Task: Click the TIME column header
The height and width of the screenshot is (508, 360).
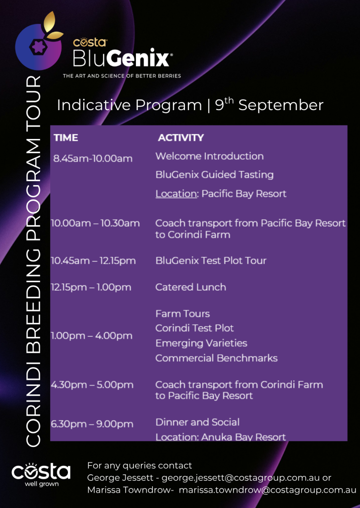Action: point(66,138)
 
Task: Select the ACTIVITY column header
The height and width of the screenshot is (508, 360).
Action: point(180,138)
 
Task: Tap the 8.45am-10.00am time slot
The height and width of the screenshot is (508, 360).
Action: point(93,159)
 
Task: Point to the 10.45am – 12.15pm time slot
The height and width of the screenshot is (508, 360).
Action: point(93,261)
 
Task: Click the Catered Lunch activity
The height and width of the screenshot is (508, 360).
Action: point(191,287)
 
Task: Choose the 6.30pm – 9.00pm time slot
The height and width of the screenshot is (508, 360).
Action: point(92,424)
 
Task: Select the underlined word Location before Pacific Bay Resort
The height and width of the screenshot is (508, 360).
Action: point(176,194)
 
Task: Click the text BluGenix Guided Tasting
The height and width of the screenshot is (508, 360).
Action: point(214,175)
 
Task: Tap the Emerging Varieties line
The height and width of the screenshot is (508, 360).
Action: point(201,343)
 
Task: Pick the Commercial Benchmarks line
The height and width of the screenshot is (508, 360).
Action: point(216,358)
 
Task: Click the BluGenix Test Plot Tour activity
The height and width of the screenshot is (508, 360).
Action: point(211,260)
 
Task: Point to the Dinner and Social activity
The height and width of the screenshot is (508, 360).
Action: point(197,422)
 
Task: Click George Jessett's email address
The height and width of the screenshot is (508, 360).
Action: point(246,478)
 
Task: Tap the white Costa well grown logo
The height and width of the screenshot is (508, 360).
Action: point(41,475)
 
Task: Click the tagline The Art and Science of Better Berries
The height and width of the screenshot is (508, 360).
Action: point(121,76)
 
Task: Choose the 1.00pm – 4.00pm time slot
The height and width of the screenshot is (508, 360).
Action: point(92,336)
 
